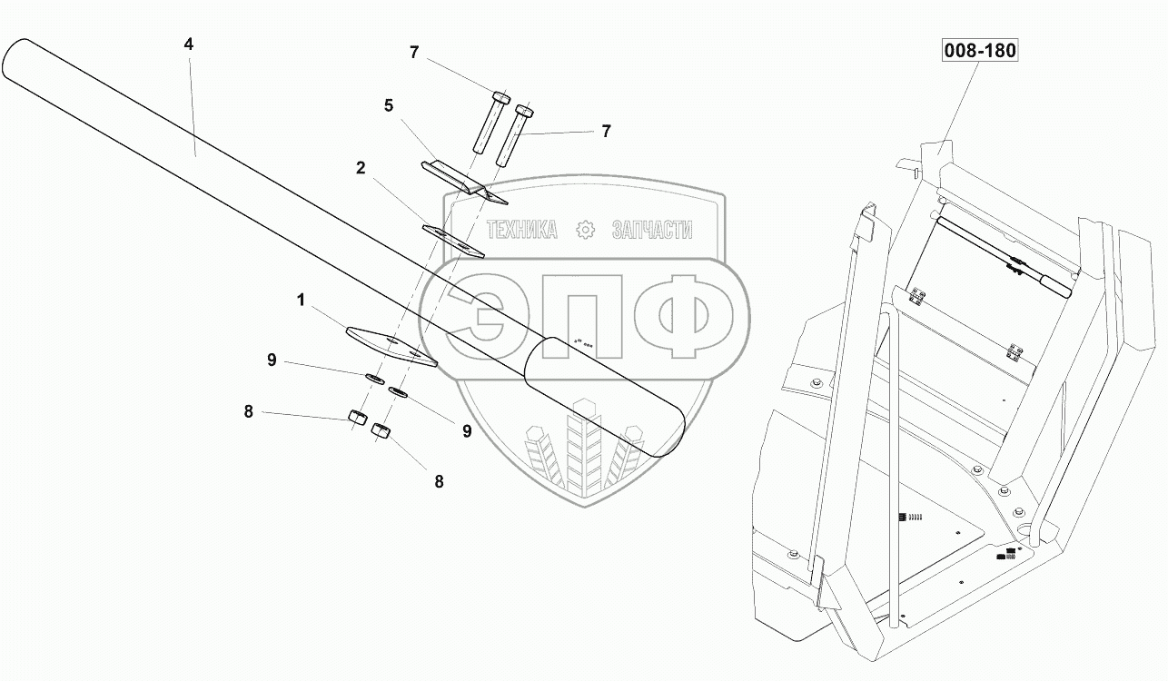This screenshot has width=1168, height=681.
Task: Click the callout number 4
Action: [189, 44]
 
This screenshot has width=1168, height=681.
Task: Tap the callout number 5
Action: [389, 105]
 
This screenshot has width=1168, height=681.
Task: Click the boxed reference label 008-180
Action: [978, 51]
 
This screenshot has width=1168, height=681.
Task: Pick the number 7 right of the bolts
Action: [605, 131]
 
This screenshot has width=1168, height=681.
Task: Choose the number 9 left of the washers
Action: [272, 360]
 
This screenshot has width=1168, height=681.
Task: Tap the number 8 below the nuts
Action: [439, 482]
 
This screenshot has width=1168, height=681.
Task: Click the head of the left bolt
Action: [500, 97]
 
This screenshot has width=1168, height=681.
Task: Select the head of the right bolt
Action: [524, 112]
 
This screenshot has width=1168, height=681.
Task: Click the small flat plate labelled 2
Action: [454, 239]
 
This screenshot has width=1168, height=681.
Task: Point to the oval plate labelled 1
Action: [391, 343]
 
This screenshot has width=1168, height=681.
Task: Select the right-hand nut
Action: [381, 431]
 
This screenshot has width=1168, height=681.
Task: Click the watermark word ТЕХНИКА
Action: [522, 230]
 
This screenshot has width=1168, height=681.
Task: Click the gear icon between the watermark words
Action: [586, 230]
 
